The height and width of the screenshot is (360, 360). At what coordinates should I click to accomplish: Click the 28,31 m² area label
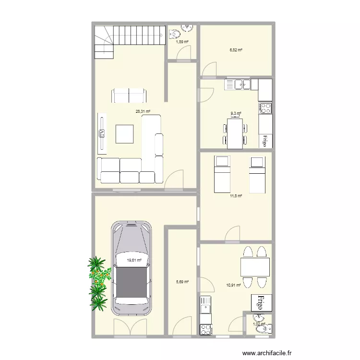pos(143,111)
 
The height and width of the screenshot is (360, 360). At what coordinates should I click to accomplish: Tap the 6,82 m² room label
pos(236,49)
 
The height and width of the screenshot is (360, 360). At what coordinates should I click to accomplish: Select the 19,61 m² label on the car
pos(134,260)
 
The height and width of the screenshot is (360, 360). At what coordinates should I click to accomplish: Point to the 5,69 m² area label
pos(182,282)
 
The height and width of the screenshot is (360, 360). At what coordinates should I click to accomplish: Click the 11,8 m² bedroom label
pos(236,196)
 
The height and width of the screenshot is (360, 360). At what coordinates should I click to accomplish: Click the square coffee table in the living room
pos(125,134)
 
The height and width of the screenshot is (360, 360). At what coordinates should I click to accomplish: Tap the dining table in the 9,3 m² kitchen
pos(235,133)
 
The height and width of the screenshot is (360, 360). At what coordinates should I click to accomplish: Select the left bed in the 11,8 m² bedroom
pos(221,173)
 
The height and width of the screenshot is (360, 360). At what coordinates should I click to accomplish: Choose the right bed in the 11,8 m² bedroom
pos(257,173)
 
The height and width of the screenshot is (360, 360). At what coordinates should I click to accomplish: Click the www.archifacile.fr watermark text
pos(267,353)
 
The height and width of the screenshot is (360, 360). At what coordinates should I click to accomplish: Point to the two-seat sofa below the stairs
pos(129,96)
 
